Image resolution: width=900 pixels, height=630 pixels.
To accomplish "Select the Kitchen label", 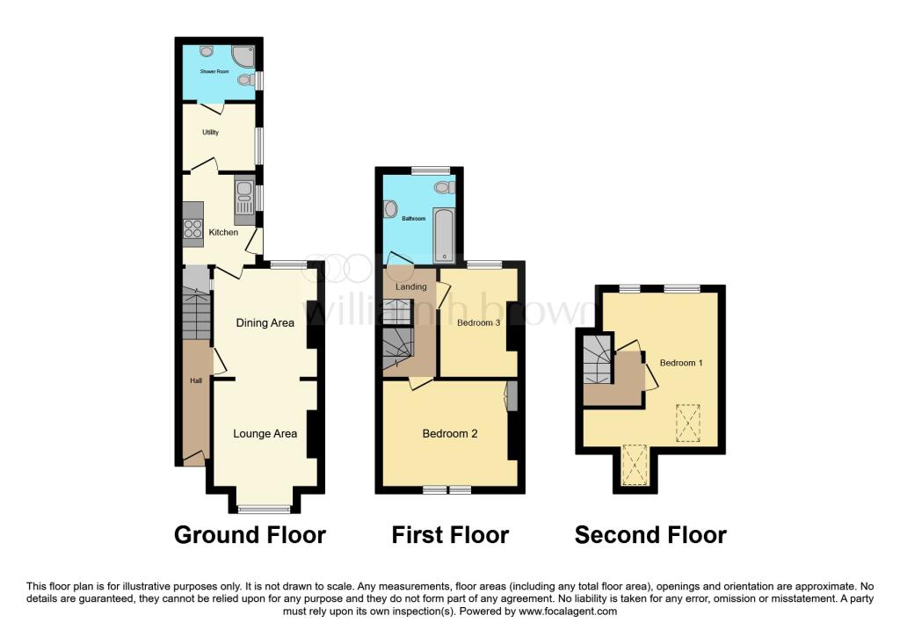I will (223, 233).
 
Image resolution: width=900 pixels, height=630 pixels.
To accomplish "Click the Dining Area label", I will (265, 323).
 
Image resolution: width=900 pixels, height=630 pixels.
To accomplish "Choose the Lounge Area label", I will (265, 433).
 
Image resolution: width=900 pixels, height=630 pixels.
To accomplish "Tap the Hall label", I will (197, 380).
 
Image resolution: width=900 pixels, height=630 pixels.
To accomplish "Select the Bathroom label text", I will (414, 219).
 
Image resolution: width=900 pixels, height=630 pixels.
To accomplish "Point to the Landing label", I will (410, 286).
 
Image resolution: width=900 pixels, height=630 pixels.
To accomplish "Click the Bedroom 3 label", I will (479, 323).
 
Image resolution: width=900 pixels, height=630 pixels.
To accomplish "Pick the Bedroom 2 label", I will (450, 434).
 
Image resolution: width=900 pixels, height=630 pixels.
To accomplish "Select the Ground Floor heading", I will (250, 535).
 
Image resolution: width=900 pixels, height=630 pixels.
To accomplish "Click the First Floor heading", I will (450, 535).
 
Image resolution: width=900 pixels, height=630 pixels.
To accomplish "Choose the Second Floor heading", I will (650, 535).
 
